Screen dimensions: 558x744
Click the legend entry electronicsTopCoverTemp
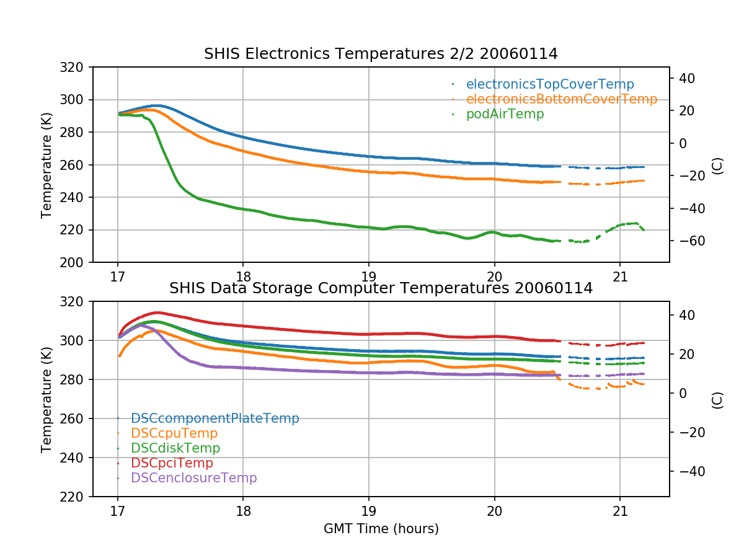(550, 84)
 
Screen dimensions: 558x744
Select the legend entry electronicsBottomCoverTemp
(561, 99)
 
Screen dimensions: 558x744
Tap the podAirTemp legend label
(505, 114)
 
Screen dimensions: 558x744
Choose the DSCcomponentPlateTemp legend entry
(215, 418)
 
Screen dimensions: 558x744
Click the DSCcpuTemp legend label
(174, 433)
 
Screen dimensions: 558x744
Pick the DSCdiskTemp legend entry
(175, 448)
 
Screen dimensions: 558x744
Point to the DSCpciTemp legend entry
(172, 463)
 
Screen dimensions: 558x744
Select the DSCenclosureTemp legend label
(193, 478)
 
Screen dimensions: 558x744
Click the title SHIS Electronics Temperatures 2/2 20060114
(381, 55)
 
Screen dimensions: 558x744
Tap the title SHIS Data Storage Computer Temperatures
(381, 288)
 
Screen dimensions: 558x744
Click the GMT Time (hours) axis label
(381, 529)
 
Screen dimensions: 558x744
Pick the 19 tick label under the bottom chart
(369, 510)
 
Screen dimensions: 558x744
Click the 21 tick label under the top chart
(620, 276)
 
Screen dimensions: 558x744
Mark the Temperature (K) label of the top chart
(46, 164)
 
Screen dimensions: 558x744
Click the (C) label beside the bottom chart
(717, 399)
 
